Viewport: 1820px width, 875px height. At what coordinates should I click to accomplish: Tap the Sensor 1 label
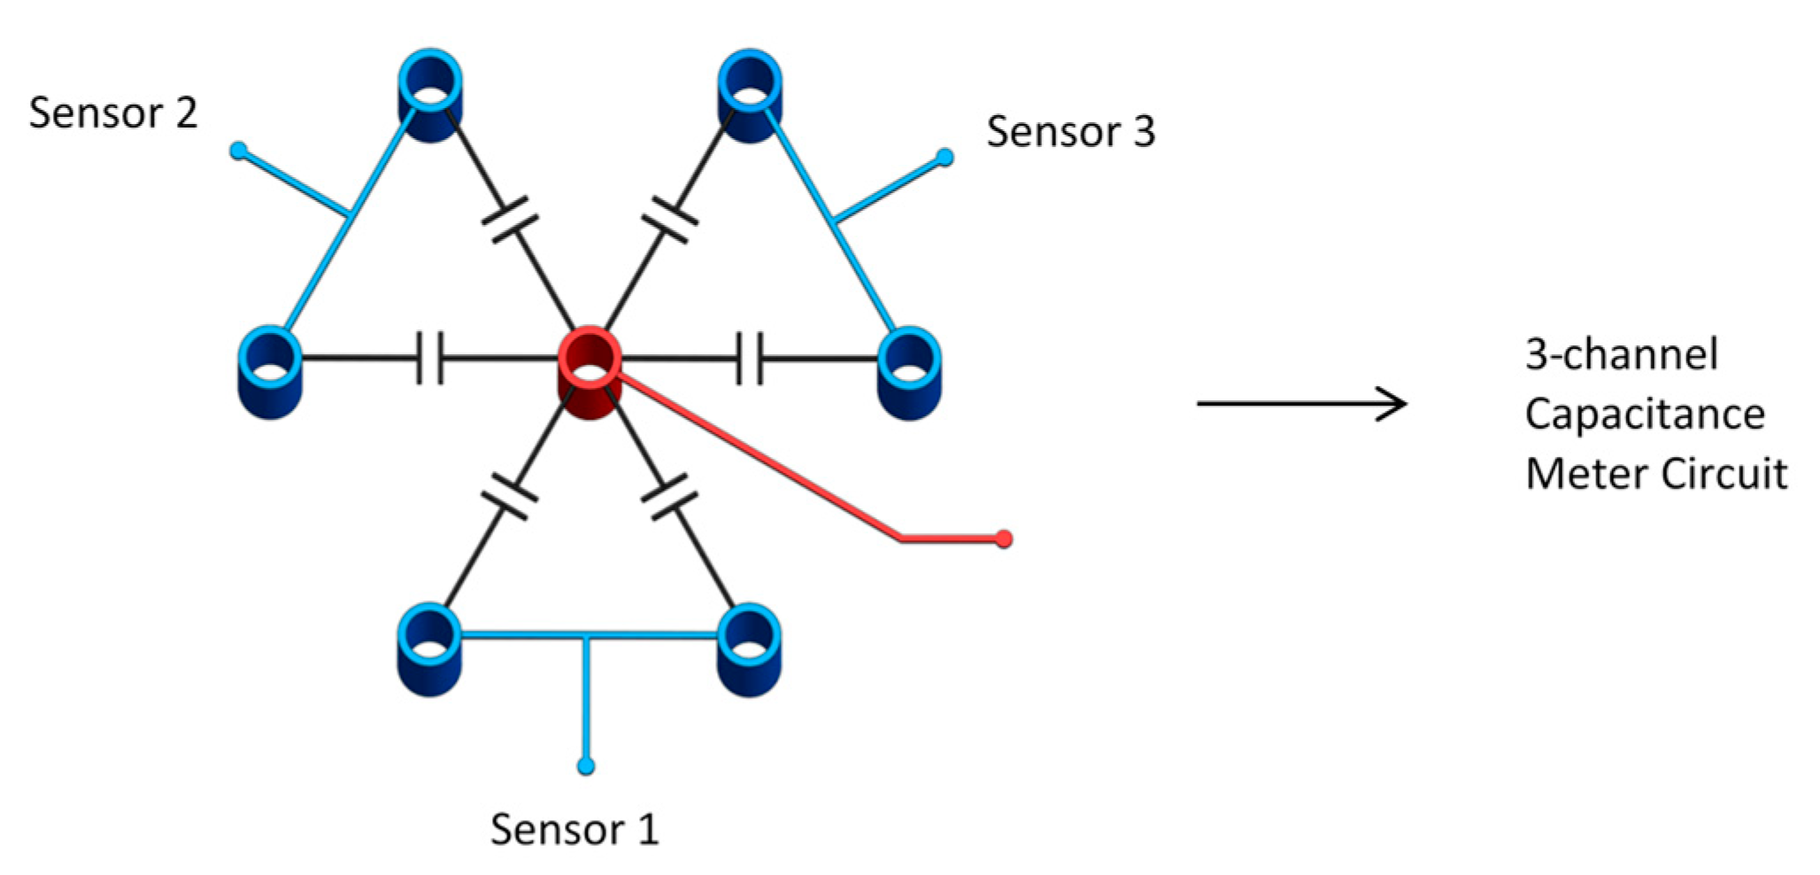click(575, 830)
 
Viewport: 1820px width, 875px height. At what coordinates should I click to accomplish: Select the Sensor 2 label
click(112, 113)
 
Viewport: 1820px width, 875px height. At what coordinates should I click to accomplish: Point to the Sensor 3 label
click(1070, 132)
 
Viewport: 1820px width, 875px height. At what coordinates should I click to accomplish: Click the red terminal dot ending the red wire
click(1003, 538)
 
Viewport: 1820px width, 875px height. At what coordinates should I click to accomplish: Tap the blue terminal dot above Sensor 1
click(585, 766)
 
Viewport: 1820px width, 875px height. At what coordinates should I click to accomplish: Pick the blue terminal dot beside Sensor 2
click(238, 151)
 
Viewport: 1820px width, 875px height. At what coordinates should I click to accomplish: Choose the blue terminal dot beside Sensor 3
click(945, 158)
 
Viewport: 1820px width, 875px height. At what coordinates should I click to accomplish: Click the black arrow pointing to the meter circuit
click(1301, 404)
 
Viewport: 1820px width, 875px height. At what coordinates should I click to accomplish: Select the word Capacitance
click(1645, 414)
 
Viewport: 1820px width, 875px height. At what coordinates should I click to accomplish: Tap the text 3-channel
click(1621, 354)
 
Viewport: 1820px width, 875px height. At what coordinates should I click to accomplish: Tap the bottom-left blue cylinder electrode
click(430, 651)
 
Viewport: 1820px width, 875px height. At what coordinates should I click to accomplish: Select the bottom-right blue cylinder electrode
click(749, 651)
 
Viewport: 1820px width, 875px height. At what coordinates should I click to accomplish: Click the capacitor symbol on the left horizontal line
click(430, 358)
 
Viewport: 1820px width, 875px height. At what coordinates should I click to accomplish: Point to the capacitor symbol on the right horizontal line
click(750, 358)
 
